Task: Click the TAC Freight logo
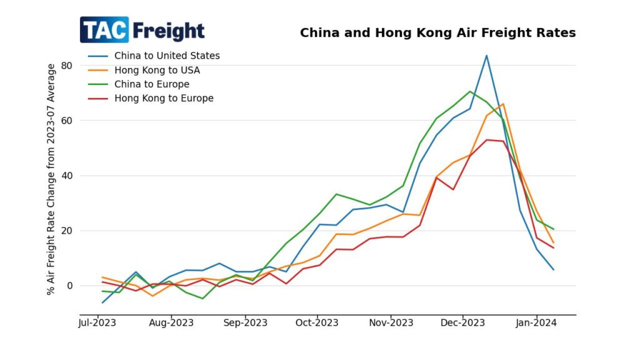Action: pos(142,30)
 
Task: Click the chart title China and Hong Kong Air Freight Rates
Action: pos(437,32)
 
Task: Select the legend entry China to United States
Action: pos(166,56)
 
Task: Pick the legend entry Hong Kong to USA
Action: pos(157,70)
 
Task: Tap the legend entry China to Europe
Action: pos(151,84)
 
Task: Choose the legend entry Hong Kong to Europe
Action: pos(163,98)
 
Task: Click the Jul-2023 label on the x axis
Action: pos(97,323)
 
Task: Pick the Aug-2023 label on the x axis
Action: pos(171,323)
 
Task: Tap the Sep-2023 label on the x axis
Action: pos(244,323)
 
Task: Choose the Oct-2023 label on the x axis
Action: pos(316,323)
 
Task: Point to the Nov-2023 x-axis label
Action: pos(390,323)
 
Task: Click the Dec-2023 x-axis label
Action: pos(462,323)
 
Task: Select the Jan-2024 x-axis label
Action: pos(536,323)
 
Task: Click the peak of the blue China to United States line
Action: pos(486,56)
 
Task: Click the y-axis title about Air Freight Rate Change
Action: pos(51,179)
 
